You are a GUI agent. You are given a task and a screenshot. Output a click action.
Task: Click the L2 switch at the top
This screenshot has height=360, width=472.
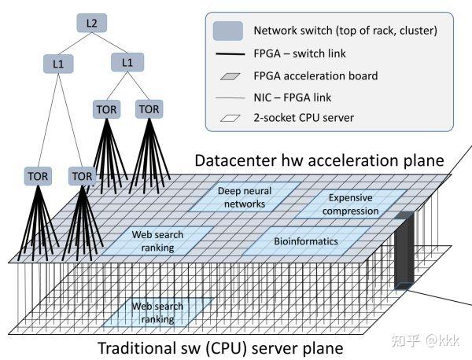click(x=92, y=24)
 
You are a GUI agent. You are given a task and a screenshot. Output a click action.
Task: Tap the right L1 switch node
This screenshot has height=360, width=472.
click(x=127, y=61)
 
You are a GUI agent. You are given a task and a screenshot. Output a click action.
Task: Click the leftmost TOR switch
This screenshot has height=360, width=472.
click(x=38, y=176)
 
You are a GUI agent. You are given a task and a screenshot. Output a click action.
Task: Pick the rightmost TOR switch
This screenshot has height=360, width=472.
click(x=149, y=108)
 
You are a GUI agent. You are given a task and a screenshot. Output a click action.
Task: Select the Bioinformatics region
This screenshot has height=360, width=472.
click(x=306, y=241)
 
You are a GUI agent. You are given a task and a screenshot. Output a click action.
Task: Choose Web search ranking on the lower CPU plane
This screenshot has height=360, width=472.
click(x=157, y=312)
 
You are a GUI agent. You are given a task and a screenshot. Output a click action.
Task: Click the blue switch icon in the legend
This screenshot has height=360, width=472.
click(x=227, y=31)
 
